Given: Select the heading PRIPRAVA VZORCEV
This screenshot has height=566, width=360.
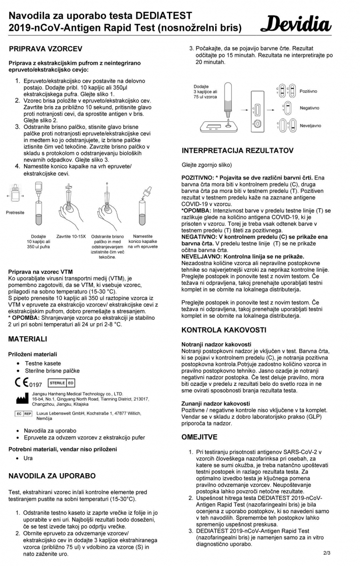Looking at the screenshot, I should [x=45, y=49].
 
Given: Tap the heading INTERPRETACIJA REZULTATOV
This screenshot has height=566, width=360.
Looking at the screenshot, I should [x=237, y=150].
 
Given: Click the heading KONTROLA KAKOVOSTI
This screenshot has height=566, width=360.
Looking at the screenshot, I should [x=224, y=330].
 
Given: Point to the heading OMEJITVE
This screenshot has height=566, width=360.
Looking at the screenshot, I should [x=199, y=437].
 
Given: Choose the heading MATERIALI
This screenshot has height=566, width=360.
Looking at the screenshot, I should [x=28, y=339].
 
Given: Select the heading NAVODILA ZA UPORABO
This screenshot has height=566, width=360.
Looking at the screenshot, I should [x=52, y=476].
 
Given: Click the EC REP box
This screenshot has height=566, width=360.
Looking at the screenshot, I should [x=24, y=414].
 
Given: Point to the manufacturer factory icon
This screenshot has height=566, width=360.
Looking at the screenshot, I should [x=22, y=399].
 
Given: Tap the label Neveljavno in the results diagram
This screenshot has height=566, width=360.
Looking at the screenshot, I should [x=310, y=126].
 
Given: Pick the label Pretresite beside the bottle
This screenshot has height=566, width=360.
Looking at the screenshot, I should [x=16, y=212].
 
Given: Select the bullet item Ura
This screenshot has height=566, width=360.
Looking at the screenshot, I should [x=29, y=458].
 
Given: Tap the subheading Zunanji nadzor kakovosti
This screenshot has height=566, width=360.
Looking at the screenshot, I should [x=216, y=403].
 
